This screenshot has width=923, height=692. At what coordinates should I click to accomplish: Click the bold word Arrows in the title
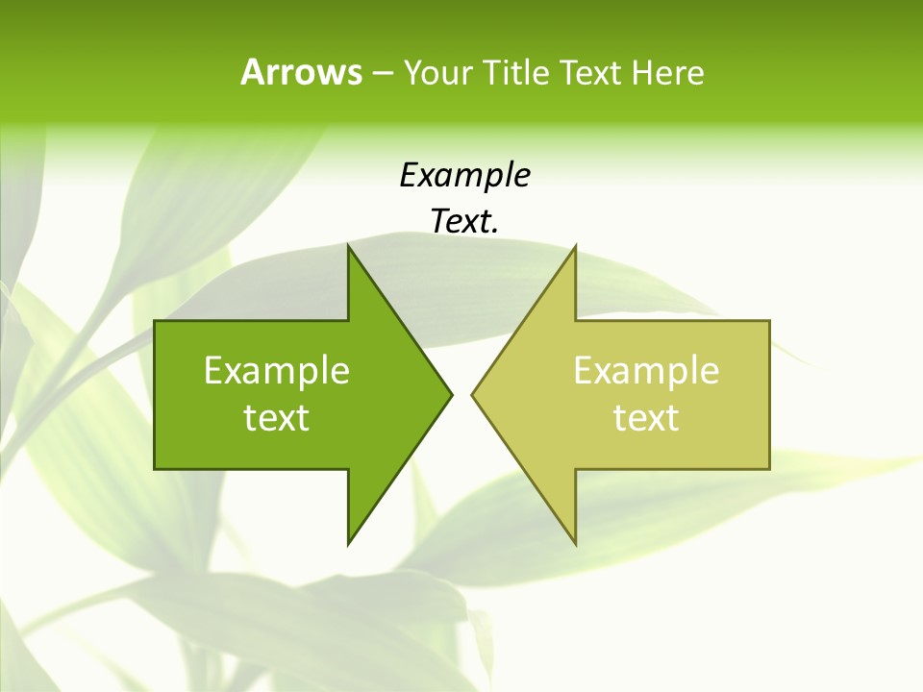(301, 72)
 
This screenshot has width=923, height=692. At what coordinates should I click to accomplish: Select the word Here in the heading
(667, 72)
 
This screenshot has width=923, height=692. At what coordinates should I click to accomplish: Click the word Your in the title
(437, 72)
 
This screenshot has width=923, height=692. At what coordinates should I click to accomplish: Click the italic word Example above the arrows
(464, 176)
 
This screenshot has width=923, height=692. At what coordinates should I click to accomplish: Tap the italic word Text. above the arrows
(464, 221)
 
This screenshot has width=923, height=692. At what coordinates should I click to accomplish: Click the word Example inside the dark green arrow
(276, 371)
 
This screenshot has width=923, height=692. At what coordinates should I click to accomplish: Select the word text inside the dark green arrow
(276, 418)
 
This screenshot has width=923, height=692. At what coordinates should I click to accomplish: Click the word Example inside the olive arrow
(646, 371)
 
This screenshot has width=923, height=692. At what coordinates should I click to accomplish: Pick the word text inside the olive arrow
(646, 418)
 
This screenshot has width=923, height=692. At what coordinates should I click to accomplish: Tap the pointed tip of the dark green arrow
(451, 394)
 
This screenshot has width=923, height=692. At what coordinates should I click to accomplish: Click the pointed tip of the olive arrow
(472, 394)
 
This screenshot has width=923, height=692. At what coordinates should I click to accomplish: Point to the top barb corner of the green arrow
(348, 246)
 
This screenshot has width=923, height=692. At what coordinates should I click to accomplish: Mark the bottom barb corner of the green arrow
(348, 544)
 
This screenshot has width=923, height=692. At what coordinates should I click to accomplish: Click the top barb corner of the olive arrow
(575, 246)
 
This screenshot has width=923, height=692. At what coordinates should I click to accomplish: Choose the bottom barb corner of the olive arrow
(575, 544)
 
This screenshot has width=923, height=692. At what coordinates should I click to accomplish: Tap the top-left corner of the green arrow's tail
(155, 321)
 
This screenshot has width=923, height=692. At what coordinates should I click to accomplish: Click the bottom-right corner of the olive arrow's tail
(769, 468)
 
